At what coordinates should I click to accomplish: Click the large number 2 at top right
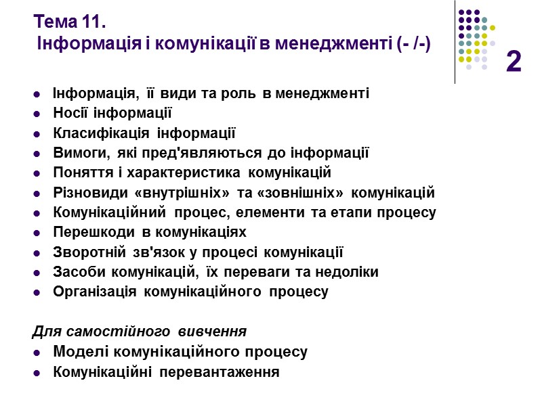coord(514,62)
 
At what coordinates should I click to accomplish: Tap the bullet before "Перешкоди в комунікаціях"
coord(37,233)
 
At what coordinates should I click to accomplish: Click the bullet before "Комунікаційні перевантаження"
coord(37,373)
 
